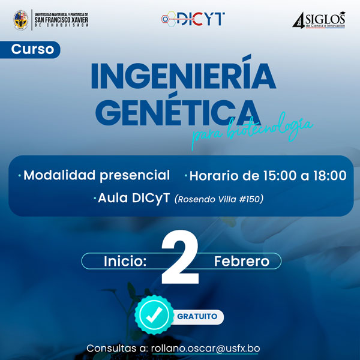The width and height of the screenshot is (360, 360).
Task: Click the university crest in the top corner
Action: coord(22,19)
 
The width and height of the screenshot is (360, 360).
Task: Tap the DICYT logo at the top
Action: coord(193,19)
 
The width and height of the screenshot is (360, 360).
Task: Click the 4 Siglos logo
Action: coord(320,20)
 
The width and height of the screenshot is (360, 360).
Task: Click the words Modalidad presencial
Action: coord(96,175)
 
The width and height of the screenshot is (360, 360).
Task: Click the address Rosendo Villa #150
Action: coord(218,199)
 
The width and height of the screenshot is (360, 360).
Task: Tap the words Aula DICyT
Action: coord(133,198)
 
